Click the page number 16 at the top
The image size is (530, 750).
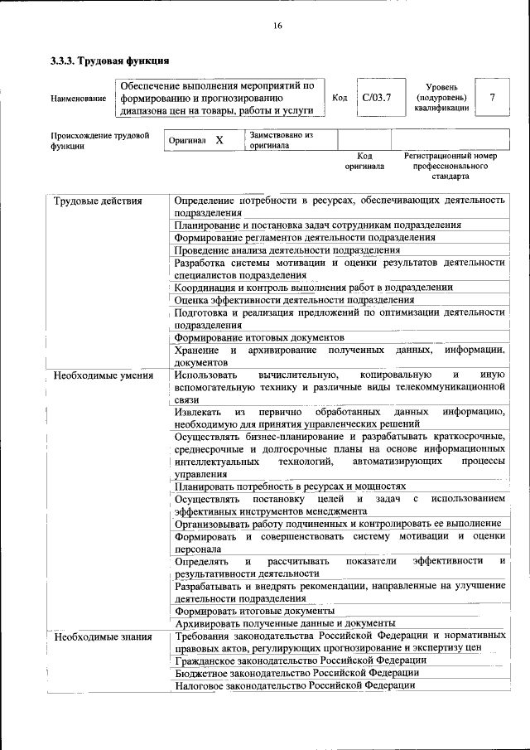coord(277,27)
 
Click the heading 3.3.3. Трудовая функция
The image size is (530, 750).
coord(110,60)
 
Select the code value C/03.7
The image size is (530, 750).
coord(377,97)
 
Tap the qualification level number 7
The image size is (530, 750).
coord(493,97)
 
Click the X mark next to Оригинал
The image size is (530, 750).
coord(219,140)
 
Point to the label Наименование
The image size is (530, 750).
coord(78,99)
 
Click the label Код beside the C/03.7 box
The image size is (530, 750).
coord(339,97)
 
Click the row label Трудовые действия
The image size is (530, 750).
coord(97,201)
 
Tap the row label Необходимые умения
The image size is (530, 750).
coord(103,375)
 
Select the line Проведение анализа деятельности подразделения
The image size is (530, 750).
coord(287,249)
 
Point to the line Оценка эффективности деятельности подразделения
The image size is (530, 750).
coord(294,299)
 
